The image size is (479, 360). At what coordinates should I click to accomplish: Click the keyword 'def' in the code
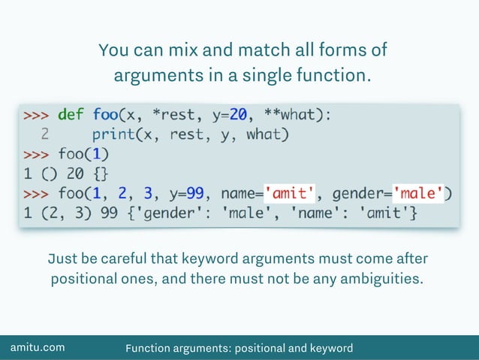71,115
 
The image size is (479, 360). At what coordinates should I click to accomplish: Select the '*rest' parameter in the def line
175,115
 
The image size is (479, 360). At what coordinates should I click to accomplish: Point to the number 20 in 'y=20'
239,115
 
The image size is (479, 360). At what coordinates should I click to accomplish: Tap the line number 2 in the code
45,135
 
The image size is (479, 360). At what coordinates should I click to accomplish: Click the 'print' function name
114,135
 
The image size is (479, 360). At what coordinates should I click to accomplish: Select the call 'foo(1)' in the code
84,155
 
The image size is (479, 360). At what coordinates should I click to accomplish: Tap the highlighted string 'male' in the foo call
417,194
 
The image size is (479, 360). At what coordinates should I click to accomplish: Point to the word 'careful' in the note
120,259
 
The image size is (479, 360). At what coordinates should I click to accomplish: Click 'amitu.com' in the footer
37,347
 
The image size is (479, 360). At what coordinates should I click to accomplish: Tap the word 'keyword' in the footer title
325,348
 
